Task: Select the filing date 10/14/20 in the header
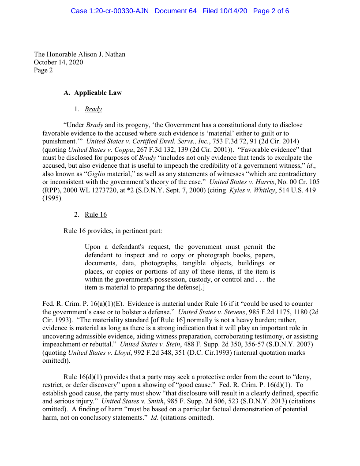(225, 11)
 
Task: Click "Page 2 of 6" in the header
(271, 11)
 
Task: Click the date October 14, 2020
(58, 62)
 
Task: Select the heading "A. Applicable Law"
(93, 93)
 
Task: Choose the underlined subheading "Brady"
(93, 109)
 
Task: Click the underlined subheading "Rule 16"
(96, 214)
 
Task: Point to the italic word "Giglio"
(93, 173)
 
